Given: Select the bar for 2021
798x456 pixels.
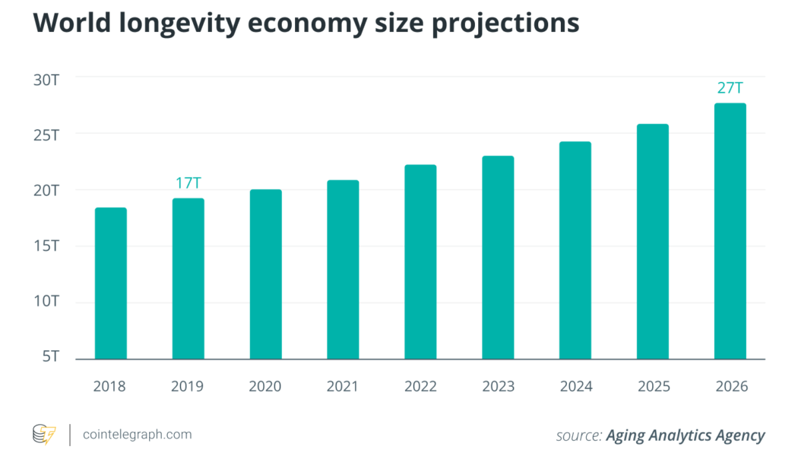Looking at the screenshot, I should (x=343, y=269).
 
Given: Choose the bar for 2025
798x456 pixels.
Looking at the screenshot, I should (x=652, y=241).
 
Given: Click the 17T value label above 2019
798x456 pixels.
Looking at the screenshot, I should (x=188, y=183).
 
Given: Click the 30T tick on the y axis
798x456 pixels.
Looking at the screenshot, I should (x=46, y=78).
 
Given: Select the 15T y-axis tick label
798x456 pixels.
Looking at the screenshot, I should (x=46, y=246).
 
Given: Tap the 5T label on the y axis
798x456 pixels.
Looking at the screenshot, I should (x=49, y=358).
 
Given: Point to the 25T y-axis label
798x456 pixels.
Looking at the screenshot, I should (x=46, y=135).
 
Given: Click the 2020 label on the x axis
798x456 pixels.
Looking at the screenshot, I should (x=265, y=387).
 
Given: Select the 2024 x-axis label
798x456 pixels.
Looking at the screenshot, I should (x=575, y=387).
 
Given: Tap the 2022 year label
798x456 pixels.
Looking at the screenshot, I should (x=420, y=387).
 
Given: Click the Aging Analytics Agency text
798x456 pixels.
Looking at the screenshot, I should (x=686, y=435).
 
